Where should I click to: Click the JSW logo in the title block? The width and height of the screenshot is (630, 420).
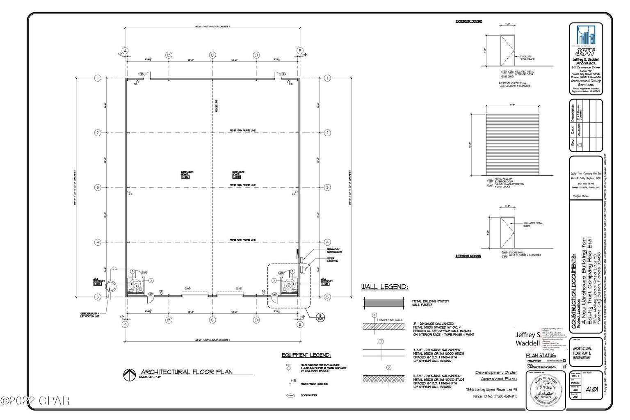click(x=586, y=41)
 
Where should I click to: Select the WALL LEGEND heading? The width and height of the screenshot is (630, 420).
click(x=384, y=288)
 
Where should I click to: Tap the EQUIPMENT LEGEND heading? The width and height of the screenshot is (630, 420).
click(x=306, y=355)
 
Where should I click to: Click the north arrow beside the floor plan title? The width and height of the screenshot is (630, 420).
click(x=129, y=374)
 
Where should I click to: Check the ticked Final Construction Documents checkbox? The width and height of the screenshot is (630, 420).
click(x=564, y=366)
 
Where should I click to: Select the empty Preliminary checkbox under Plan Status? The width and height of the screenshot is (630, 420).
click(x=564, y=361)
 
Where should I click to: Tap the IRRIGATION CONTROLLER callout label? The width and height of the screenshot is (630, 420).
click(x=334, y=251)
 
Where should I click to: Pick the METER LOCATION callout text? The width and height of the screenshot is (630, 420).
click(x=333, y=260)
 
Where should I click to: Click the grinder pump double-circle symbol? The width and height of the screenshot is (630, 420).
click(x=111, y=286)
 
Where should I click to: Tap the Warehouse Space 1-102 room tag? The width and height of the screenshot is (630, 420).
click(x=187, y=173)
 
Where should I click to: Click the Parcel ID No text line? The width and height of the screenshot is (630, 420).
click(x=490, y=396)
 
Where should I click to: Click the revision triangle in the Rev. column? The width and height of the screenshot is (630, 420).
click(x=579, y=144)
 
